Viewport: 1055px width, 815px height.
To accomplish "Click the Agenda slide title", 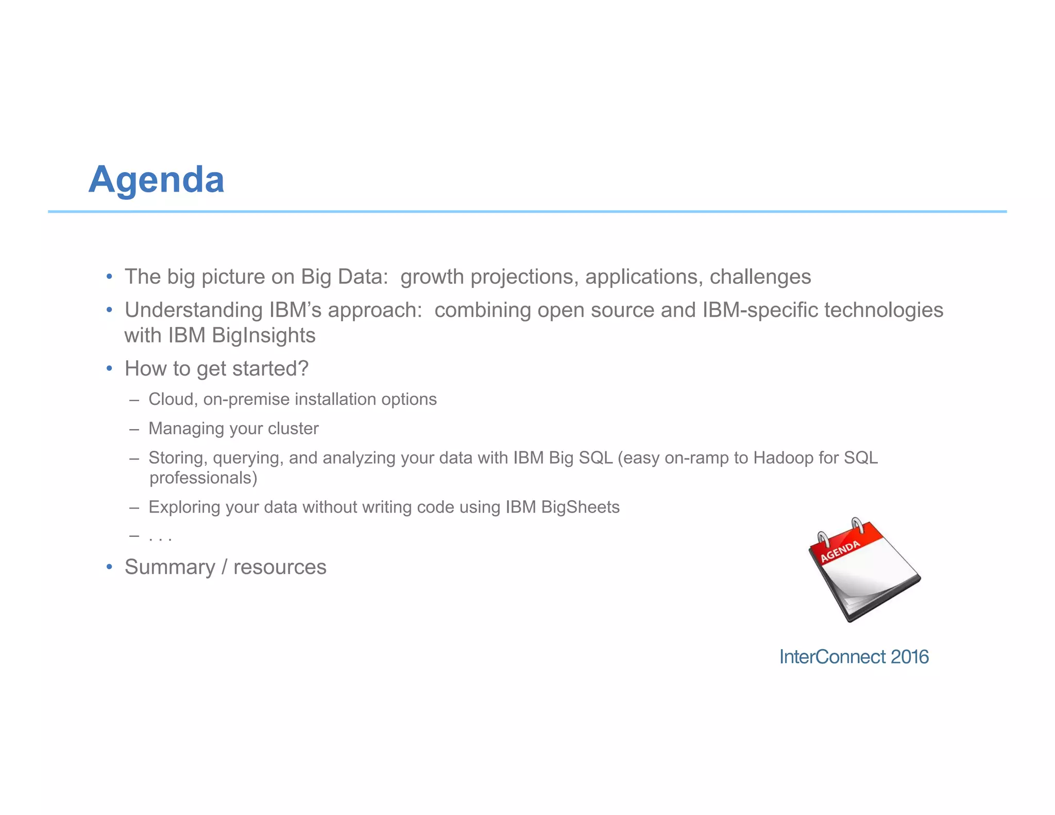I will [156, 180].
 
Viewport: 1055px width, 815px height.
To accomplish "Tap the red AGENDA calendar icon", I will [863, 570].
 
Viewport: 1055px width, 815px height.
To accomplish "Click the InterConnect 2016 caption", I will [854, 657].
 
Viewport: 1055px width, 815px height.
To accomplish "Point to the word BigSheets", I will [580, 507].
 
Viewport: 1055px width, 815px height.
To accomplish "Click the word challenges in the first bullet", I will [760, 277].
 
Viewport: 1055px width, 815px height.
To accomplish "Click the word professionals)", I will [203, 478].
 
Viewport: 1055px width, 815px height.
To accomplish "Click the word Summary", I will [169, 567].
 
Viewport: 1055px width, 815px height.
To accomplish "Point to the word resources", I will [280, 567].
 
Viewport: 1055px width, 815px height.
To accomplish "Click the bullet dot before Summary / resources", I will [109, 567].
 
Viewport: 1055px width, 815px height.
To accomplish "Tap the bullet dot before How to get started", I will [109, 369].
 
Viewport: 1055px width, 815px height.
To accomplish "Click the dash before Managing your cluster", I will [134, 429].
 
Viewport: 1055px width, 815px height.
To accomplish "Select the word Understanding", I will [194, 310].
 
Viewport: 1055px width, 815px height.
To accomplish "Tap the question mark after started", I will [303, 368].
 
